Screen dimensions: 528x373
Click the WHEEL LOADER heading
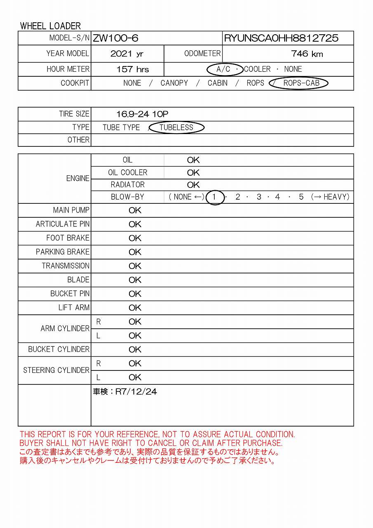(50, 26)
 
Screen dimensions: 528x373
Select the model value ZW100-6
(115, 38)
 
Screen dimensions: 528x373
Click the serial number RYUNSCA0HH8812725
(281, 38)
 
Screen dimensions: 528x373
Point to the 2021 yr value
(127, 54)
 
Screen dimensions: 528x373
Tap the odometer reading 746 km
(307, 54)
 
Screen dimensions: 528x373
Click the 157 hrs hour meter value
(133, 69)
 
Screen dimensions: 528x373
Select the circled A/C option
(224, 69)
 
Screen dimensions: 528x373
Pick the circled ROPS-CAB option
(301, 83)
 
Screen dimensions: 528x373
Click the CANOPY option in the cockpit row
(174, 83)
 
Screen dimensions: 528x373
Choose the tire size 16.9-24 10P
(142, 114)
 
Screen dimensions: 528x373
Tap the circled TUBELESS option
(176, 127)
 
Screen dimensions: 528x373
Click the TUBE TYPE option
(121, 127)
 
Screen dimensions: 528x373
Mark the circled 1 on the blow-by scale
(214, 197)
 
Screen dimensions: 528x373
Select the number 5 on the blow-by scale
(301, 197)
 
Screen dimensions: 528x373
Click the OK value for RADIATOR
(193, 185)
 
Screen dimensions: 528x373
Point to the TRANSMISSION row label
(66, 266)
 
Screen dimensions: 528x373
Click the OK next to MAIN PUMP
(135, 210)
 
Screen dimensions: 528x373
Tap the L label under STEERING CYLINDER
(98, 377)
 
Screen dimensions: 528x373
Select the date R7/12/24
(136, 392)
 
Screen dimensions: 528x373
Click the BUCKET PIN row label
(70, 294)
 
